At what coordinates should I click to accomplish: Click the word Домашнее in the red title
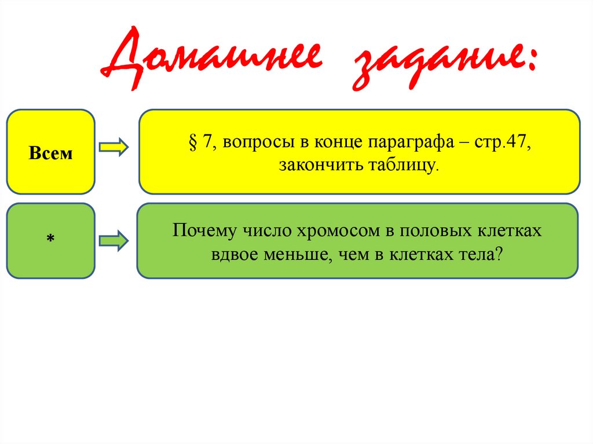tap(210, 61)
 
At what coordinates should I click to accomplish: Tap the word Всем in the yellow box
tap(51, 154)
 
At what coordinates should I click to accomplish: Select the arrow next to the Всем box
tap(114, 148)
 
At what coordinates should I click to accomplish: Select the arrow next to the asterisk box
tap(114, 241)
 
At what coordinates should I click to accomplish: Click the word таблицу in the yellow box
tap(403, 166)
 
